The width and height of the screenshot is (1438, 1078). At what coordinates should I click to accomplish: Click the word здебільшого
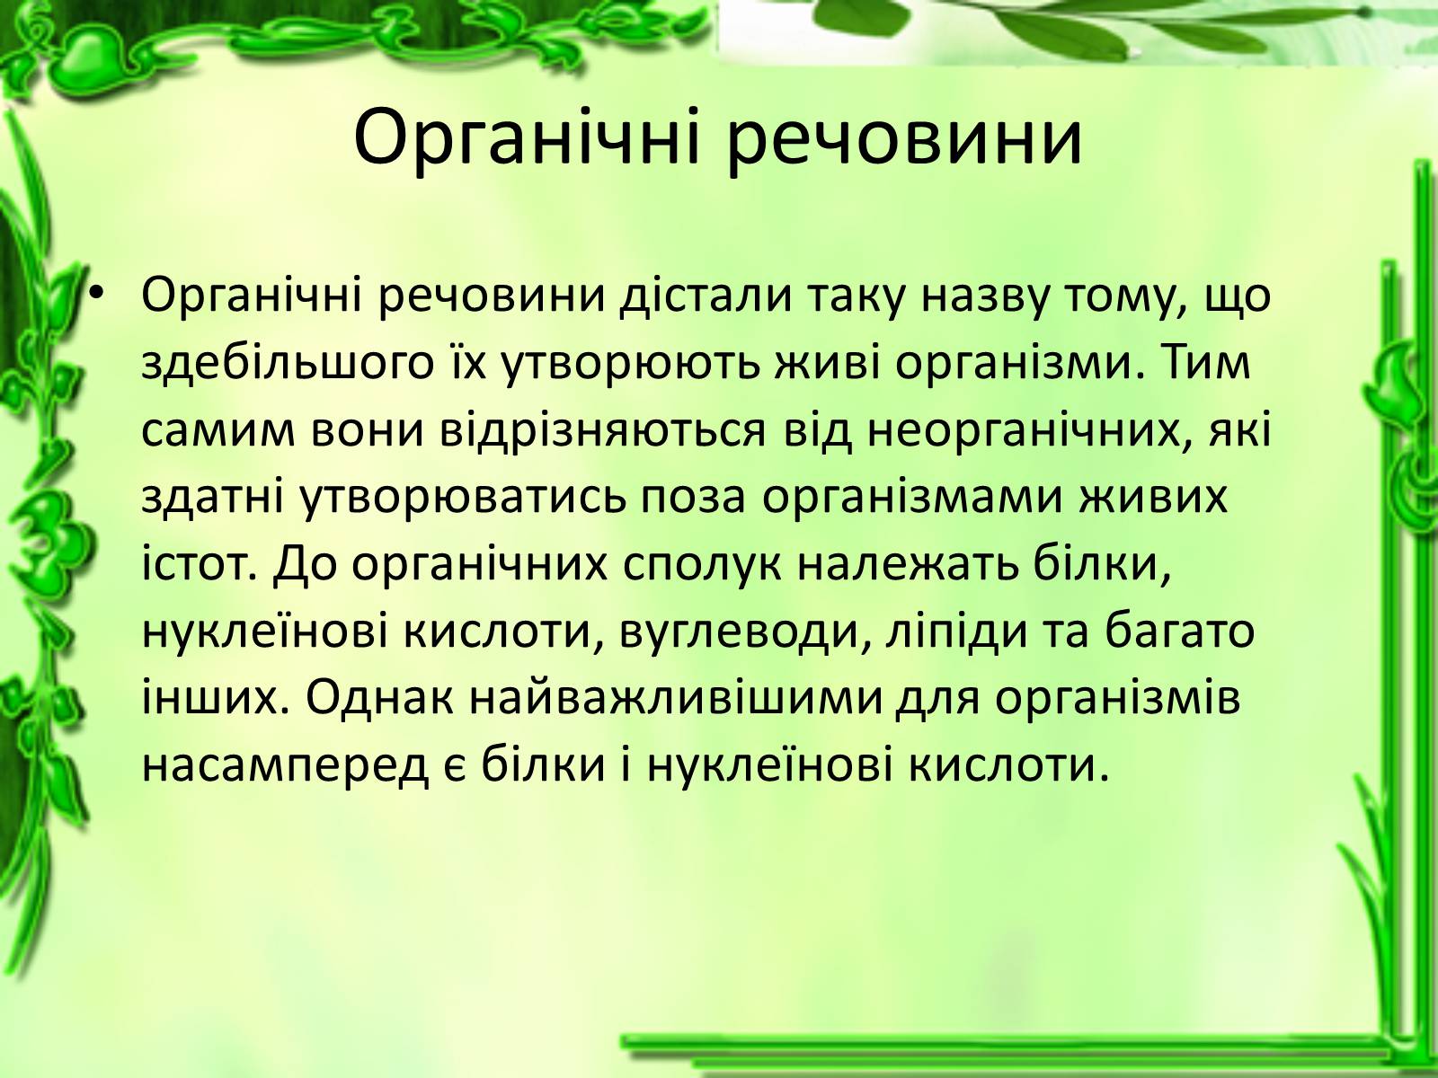pos(287,364)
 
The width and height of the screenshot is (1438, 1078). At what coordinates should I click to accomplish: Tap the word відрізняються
pos(603,432)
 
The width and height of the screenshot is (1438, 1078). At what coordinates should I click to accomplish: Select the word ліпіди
pos(956,633)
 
